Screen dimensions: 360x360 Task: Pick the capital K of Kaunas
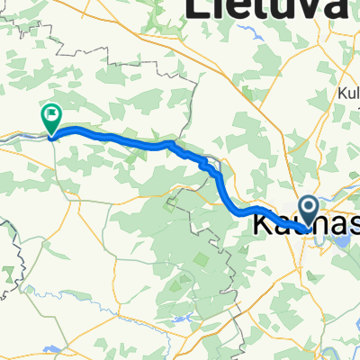coord(264,220)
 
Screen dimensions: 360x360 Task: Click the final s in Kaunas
coord(353,221)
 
